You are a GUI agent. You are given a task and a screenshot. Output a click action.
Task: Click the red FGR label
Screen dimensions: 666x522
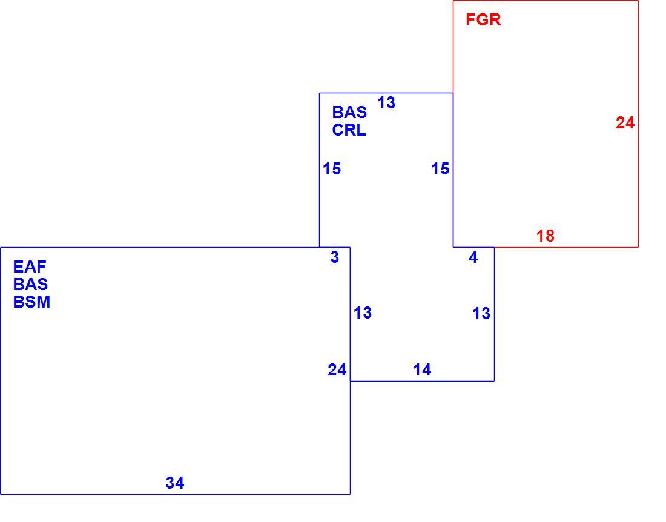[x=483, y=20]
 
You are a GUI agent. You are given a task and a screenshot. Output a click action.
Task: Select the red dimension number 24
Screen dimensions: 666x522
[x=625, y=123]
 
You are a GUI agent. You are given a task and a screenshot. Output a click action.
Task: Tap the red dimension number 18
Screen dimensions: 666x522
[x=546, y=236]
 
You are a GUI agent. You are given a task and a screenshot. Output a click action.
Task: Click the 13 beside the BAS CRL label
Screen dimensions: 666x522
[x=386, y=103]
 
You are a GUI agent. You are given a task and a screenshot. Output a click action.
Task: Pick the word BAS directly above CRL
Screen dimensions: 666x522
[x=349, y=113]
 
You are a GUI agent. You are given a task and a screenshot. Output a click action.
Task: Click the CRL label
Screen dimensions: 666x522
[x=349, y=130]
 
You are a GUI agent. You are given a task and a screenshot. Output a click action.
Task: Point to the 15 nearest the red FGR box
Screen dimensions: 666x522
[x=440, y=169]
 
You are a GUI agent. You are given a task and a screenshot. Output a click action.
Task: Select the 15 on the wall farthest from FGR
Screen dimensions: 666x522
[x=332, y=169]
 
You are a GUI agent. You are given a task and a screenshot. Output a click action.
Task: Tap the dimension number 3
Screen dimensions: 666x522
[x=335, y=257]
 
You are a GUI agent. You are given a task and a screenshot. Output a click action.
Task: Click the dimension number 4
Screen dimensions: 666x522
[x=473, y=257]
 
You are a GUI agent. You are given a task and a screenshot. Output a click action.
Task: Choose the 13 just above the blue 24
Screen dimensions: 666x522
[x=363, y=313]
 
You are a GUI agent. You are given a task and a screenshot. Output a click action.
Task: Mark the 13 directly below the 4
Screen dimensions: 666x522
[x=481, y=314]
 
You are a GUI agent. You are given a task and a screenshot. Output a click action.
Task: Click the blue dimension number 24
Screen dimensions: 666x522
[x=337, y=370]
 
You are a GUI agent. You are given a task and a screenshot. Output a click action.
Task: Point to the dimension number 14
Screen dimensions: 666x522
[x=422, y=370]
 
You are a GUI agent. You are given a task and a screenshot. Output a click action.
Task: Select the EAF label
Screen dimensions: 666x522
[x=30, y=266]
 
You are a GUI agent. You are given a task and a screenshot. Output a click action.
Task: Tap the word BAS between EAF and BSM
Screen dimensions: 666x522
[x=30, y=284]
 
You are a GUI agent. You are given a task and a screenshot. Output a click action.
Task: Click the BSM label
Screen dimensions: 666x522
[x=32, y=302]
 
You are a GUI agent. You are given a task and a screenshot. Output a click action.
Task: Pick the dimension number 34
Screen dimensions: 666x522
[x=175, y=483]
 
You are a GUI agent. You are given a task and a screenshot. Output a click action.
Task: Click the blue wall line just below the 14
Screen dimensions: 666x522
[x=422, y=381]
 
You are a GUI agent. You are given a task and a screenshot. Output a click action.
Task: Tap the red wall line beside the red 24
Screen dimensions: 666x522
[x=638, y=124]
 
